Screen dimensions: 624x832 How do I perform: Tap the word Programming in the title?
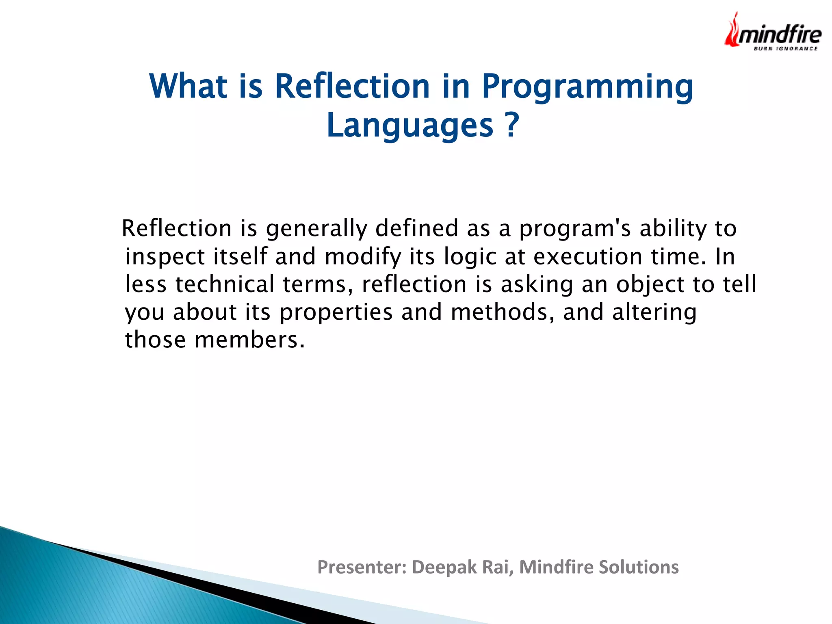coord(587,87)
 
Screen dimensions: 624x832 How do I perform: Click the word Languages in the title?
coord(409,126)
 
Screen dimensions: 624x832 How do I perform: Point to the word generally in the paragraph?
coord(316,229)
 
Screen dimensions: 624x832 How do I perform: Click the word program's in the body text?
coord(574,229)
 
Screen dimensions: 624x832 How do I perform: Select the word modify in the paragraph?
coord(363,257)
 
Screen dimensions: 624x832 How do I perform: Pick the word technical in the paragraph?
coord(225,284)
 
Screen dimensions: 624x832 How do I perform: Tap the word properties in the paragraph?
coord(336,313)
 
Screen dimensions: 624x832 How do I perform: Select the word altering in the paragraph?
coord(654,313)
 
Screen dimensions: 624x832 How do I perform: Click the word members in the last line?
coord(249,340)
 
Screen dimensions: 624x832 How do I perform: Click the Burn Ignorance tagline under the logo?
coord(785,49)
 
